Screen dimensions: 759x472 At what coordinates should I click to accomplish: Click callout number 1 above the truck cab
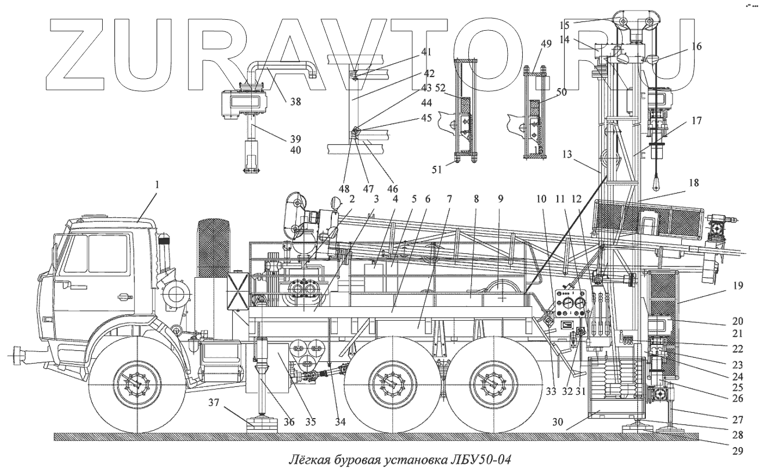click(156, 186)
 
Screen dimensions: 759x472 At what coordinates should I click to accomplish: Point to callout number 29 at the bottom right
click(737, 449)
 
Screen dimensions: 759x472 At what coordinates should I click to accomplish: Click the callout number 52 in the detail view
click(441, 88)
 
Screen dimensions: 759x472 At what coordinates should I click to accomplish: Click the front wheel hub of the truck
click(138, 383)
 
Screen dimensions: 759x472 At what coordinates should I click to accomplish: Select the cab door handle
click(124, 297)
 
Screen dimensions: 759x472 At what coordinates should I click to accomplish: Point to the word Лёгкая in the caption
click(310, 460)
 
